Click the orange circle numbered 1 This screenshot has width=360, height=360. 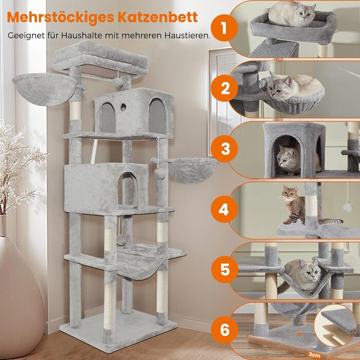point(224,28)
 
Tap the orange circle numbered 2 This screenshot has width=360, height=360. point(224,88)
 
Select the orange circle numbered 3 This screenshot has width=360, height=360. point(224,149)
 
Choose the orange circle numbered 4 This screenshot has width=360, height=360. point(224,209)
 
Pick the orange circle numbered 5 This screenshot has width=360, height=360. point(225,269)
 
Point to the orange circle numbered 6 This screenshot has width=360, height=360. point(225,330)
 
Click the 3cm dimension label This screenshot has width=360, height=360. point(314,354)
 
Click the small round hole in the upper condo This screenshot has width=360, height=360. point(123,107)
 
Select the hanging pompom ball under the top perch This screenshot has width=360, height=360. point(118,82)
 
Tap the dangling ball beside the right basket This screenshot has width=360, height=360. point(158,174)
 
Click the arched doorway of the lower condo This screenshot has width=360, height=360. point(128,189)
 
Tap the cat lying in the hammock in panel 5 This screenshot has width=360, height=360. point(302,276)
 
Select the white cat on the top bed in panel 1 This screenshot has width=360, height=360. point(291,14)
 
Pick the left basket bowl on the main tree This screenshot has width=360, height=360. point(44,89)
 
